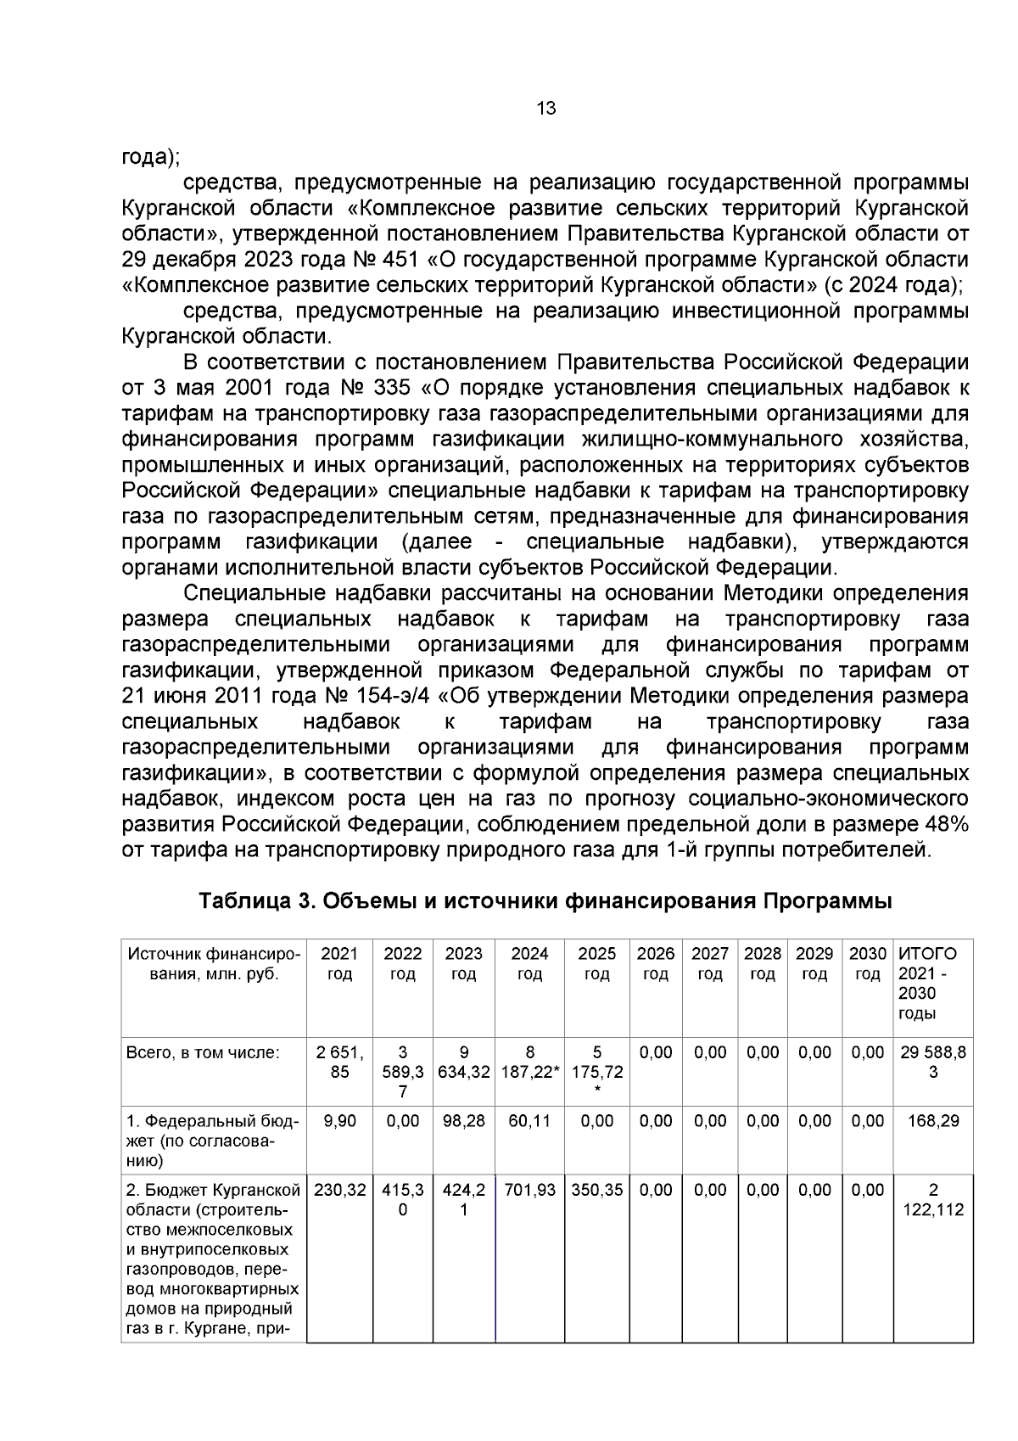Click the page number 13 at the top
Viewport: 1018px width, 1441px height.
point(546,109)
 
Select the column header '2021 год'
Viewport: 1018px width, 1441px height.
point(339,964)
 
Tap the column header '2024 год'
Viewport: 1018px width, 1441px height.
point(529,964)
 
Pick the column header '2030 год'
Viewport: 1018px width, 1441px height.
point(867,964)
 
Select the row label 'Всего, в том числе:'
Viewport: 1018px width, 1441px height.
point(203,1052)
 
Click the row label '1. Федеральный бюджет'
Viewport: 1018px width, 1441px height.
point(212,1141)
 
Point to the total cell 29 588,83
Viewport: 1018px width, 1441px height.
point(932,1062)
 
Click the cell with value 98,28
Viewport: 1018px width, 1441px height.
point(463,1121)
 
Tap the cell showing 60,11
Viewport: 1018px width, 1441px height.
point(529,1121)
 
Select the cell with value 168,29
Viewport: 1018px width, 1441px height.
point(932,1121)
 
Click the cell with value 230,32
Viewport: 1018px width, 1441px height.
point(339,1190)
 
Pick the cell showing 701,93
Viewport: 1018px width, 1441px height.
point(529,1190)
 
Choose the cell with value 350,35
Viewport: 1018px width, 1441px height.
point(596,1190)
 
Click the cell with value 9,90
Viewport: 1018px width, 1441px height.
point(339,1121)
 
